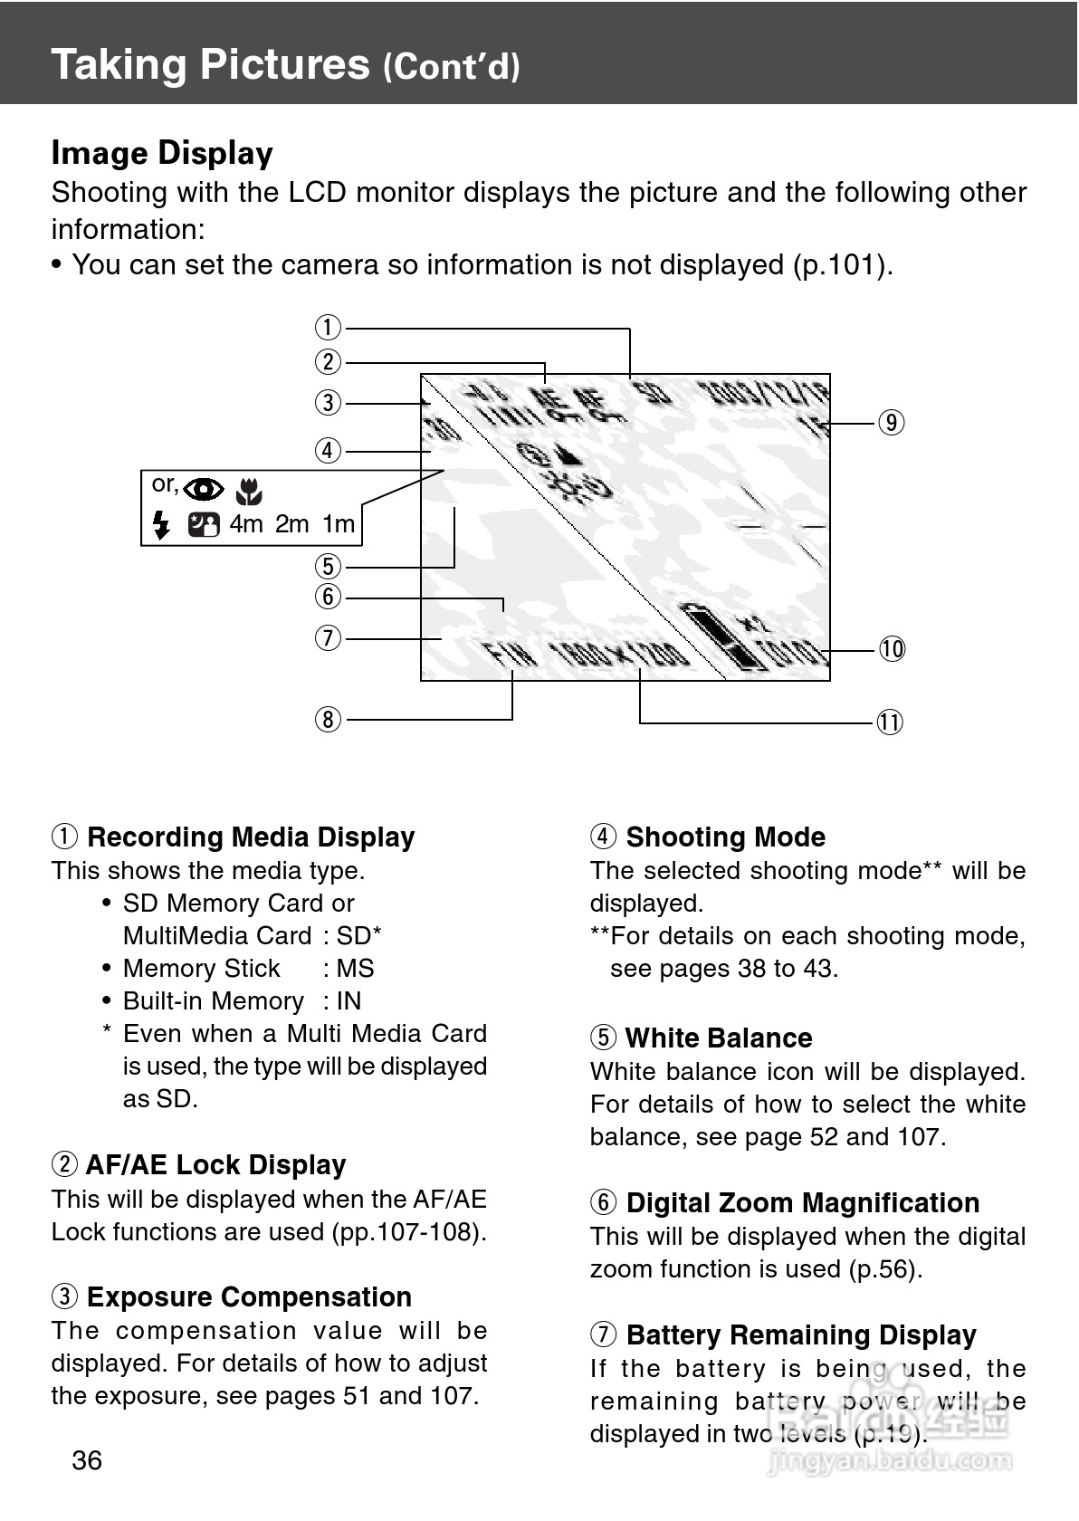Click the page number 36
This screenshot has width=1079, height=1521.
coord(87,1460)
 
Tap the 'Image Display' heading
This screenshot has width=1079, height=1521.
coord(162,153)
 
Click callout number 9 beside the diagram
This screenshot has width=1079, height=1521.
coord(892,423)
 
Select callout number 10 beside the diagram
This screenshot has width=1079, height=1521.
coord(892,649)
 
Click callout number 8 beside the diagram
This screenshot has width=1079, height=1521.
coord(328,720)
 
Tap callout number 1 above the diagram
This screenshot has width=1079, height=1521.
coord(328,327)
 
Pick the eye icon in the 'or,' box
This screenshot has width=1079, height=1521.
coord(205,490)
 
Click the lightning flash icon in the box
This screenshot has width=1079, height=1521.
coord(161,524)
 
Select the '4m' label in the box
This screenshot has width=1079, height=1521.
coord(245,524)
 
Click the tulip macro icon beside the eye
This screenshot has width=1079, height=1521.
coord(248,492)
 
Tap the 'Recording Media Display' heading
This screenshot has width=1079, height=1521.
coord(251,837)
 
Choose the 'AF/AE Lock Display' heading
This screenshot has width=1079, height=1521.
coord(215,1164)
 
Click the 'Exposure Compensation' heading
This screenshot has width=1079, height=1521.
coord(249,1296)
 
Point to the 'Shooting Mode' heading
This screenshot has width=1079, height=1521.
coord(725,837)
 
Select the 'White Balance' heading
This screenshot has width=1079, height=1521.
coord(719,1038)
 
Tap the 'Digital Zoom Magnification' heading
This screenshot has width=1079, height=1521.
coord(802,1202)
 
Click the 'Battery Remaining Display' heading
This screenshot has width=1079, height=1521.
coord(801,1334)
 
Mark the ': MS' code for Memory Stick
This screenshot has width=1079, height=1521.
coord(349,968)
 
